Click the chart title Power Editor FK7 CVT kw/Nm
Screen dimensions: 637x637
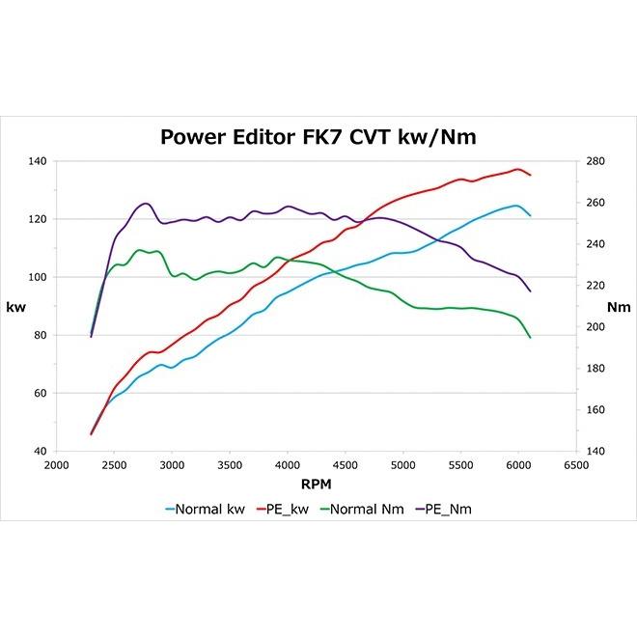pyautogui.click(x=318, y=137)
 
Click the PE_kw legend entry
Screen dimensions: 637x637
pyautogui.click(x=288, y=508)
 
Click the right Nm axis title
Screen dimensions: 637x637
pyautogui.click(x=618, y=306)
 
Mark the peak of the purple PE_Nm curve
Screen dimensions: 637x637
pyautogui.click(x=146, y=204)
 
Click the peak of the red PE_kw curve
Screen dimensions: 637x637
pyautogui.click(x=518, y=169)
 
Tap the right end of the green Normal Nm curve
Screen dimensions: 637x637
pyautogui.click(x=530, y=337)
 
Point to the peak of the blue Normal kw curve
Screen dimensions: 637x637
pyautogui.click(x=516, y=206)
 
